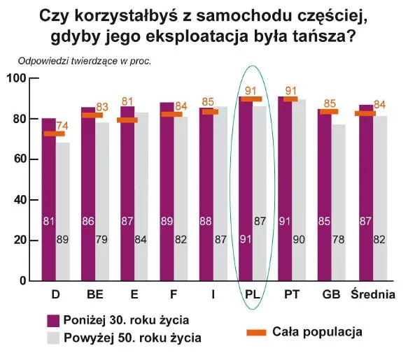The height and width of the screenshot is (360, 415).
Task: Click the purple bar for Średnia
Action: click(365, 196)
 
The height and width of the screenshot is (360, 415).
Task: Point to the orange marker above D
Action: click(54, 134)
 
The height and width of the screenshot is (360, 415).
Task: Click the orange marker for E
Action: click(127, 120)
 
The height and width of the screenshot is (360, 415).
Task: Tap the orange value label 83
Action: click(102, 107)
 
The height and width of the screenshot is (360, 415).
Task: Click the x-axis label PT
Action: click(292, 294)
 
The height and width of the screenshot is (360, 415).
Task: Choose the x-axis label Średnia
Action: click(373, 294)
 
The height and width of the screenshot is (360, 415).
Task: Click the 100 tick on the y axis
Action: click(16, 78)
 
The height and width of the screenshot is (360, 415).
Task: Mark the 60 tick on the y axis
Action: click(19, 159)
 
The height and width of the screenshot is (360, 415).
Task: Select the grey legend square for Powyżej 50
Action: click(52, 338)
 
